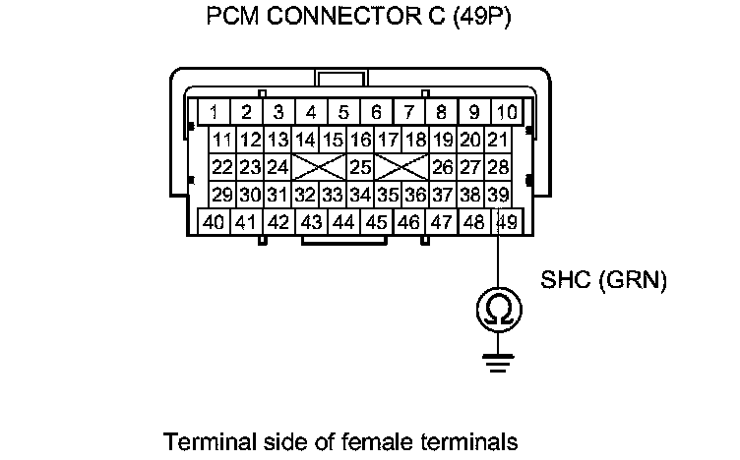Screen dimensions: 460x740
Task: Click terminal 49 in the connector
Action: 507,221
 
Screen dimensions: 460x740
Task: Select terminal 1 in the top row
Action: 215,111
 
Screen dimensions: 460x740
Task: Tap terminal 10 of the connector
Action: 506,111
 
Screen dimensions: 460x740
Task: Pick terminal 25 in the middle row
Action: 360,167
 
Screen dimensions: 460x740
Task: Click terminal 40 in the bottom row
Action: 215,221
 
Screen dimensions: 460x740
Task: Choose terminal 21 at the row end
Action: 498,140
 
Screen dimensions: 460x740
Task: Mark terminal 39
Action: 498,195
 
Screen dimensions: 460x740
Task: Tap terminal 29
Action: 222,195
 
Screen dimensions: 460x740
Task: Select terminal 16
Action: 360,140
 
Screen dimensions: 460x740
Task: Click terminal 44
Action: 343,221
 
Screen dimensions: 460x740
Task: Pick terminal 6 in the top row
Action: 376,111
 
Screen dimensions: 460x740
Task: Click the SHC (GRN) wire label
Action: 604,281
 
